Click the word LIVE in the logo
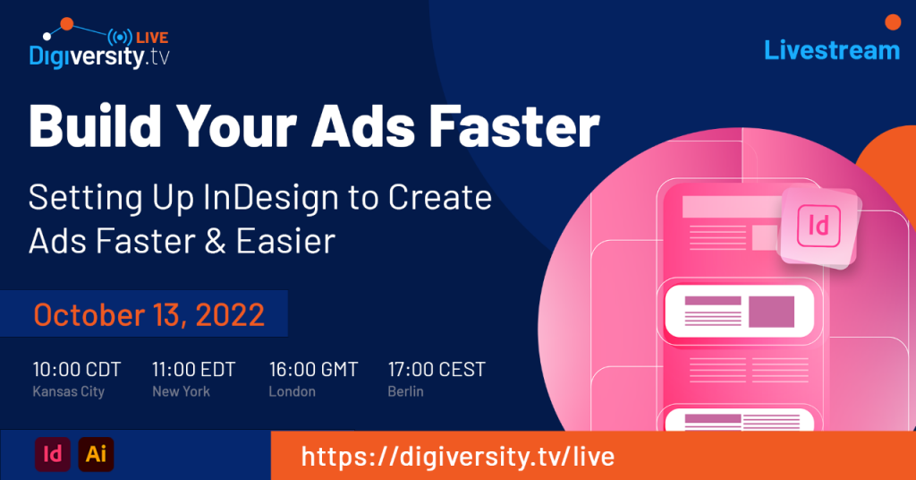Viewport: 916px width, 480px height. (x=152, y=38)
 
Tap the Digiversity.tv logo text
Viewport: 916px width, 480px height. (x=99, y=57)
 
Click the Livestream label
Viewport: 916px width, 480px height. (x=832, y=50)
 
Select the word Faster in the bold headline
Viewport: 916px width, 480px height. (x=514, y=126)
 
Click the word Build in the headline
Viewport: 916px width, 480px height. (x=95, y=126)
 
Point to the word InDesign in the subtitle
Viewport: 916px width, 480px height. (x=271, y=199)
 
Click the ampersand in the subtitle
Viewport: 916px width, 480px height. (x=215, y=242)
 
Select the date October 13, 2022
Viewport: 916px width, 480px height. (x=149, y=314)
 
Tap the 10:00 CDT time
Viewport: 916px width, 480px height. (x=77, y=370)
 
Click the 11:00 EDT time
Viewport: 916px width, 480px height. (x=194, y=370)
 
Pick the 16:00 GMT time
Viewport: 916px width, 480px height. (x=314, y=370)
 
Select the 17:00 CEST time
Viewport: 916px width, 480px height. (x=437, y=370)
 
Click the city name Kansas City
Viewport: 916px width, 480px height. (x=68, y=391)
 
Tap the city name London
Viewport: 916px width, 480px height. (x=293, y=391)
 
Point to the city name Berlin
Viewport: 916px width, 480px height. (x=405, y=391)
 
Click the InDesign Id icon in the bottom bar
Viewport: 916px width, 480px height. (x=53, y=454)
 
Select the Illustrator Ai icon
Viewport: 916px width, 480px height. (x=96, y=454)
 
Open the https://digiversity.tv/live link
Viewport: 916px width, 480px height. (x=458, y=456)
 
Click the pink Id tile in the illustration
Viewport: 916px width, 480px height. (x=819, y=227)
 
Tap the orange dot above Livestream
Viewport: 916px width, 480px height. (x=893, y=22)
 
